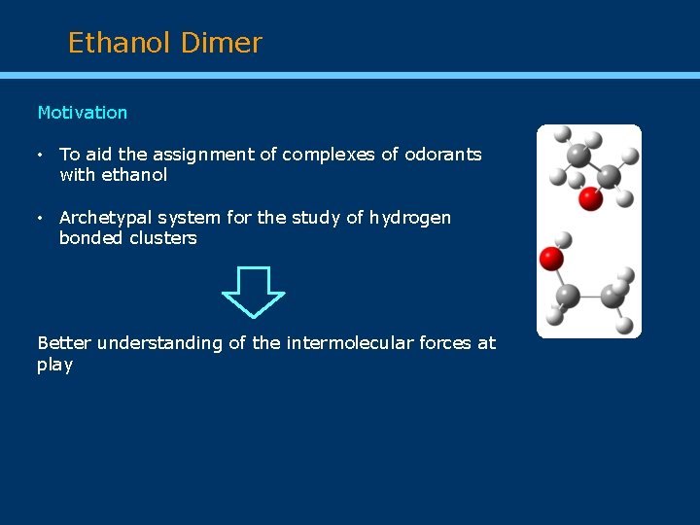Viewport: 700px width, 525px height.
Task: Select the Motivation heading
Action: [82, 113]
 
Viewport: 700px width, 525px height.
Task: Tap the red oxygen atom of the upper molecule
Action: [590, 199]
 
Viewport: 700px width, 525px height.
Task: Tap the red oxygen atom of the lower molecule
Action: [551, 259]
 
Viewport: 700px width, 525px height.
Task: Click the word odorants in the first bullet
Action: [442, 155]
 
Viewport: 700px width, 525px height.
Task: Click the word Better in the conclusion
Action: [64, 342]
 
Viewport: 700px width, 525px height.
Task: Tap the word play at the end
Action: [54, 365]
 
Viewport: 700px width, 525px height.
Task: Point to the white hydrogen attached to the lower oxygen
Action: [562, 239]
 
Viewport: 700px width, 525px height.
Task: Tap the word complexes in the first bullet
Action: [318, 155]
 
